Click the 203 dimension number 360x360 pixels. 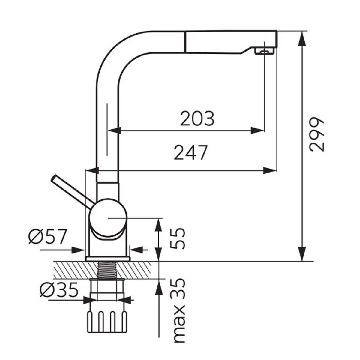coord(197,118)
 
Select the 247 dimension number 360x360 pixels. coord(190,152)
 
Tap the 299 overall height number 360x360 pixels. coord(316,134)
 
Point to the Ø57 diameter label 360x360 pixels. coord(47,236)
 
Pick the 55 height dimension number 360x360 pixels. coord(178,238)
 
